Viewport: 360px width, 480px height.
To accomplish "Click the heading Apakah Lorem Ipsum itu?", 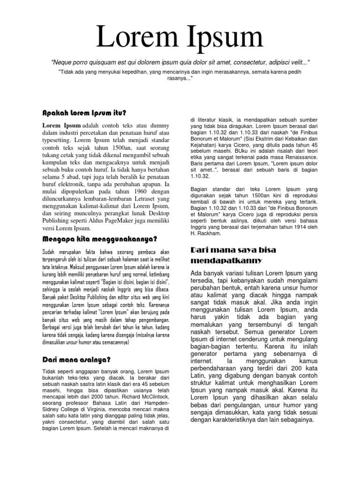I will (84, 113).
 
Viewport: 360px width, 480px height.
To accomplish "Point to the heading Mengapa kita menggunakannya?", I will (99, 239).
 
